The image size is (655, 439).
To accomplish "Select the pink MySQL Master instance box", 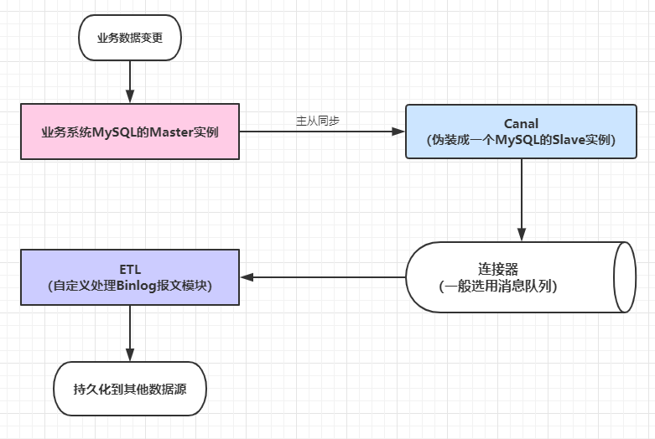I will point(129,132).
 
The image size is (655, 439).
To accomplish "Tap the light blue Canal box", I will point(521,132).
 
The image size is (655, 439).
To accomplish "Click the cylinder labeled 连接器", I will point(520,277).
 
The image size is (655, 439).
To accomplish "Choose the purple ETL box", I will point(129,277).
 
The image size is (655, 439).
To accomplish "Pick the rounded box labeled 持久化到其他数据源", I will point(129,389).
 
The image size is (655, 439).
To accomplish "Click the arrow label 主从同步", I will point(318,121).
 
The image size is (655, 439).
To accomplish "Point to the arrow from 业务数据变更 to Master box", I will point(129,81).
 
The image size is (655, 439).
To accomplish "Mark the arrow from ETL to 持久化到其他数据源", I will point(129,333).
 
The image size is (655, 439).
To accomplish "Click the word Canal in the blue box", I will point(521,123).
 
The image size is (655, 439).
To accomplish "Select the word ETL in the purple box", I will point(130,269).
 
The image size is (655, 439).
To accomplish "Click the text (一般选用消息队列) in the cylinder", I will point(498,286).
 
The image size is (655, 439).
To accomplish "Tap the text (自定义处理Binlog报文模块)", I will point(130,286).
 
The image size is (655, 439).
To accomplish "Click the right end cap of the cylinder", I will point(625,277).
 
